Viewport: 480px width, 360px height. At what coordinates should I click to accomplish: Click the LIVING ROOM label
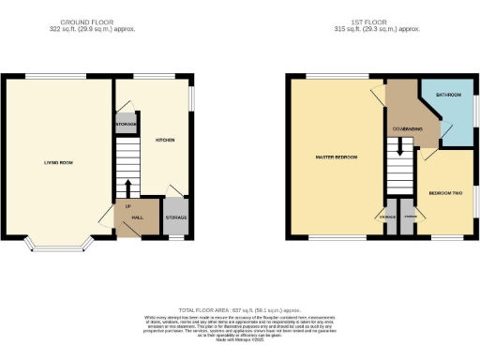point(58,162)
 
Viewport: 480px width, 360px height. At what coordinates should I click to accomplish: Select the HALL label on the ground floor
point(137,217)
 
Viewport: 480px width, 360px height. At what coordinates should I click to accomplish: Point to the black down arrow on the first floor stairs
point(400,146)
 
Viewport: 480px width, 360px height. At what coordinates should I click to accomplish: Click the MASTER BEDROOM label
point(336,157)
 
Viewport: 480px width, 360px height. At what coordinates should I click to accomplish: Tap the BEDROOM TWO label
point(445,192)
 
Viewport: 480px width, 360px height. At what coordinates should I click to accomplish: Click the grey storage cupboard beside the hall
point(176,217)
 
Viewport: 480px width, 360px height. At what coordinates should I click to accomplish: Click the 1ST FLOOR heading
point(381,22)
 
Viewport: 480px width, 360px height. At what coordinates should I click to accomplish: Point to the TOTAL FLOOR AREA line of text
point(239,308)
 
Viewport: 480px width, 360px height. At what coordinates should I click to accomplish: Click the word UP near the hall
point(127,206)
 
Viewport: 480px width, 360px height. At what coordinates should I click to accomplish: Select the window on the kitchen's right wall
point(194,98)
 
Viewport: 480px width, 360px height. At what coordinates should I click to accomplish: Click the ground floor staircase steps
point(127,169)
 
